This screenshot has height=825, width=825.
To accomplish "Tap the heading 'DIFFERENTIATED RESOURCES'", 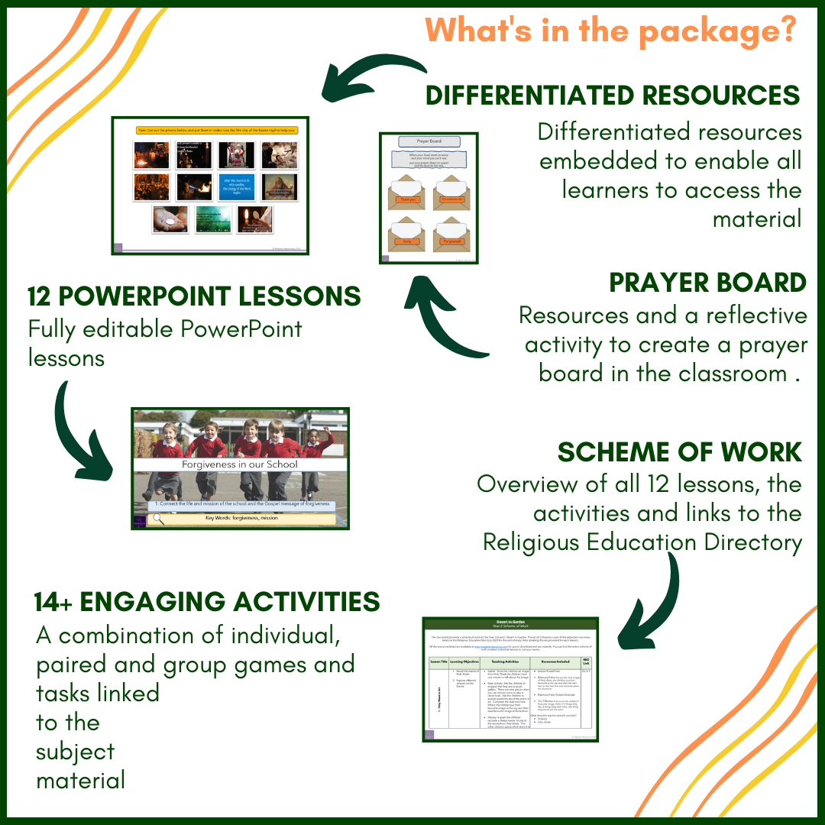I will [x=612, y=95].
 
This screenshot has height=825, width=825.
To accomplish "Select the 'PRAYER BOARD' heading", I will [x=707, y=283].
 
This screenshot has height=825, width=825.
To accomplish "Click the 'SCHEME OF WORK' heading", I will [x=679, y=452].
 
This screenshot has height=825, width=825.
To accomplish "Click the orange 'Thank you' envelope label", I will [x=406, y=199].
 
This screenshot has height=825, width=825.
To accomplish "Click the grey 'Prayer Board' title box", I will [x=429, y=141].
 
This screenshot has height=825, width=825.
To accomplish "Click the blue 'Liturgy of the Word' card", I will [x=236, y=187].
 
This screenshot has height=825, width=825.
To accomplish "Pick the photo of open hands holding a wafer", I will [x=169, y=219].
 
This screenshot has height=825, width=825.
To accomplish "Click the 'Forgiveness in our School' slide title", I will [x=240, y=464].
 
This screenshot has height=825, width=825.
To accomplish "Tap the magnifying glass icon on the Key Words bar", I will [x=157, y=519].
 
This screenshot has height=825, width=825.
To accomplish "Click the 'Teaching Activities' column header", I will [x=507, y=661].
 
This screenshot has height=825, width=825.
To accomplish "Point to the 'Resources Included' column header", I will [x=555, y=661].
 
